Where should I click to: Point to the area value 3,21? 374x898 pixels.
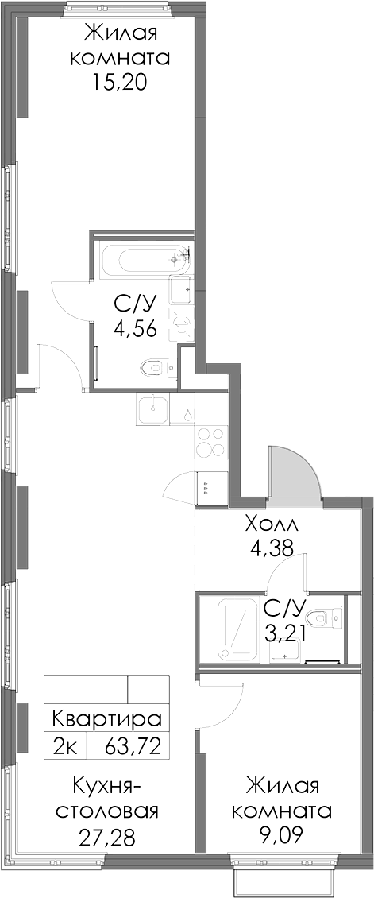(x=284, y=633)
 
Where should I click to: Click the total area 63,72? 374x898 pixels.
(x=133, y=746)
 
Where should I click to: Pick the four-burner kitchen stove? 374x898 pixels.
(x=211, y=443)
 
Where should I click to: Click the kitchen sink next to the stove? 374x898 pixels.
(x=153, y=409)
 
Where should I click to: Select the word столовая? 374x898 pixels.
(x=107, y=813)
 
